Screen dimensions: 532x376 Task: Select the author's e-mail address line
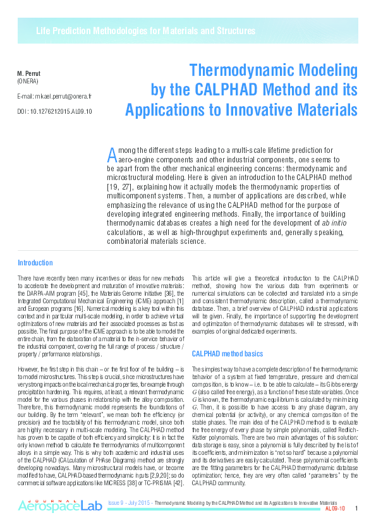(54, 97)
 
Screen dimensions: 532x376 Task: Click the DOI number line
(54, 111)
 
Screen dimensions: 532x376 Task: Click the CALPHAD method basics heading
(228, 354)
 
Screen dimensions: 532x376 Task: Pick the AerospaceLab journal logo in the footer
(59, 505)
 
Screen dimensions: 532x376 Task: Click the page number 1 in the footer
(357, 508)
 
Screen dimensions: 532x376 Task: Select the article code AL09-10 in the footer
(334, 509)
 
